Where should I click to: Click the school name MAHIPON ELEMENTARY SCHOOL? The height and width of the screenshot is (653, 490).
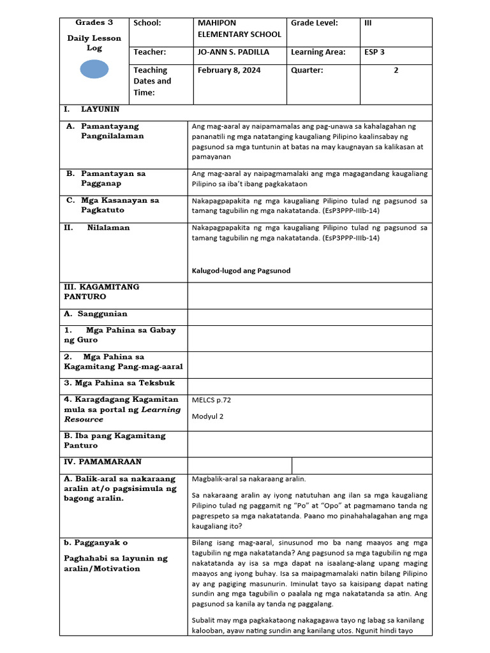click(x=239, y=29)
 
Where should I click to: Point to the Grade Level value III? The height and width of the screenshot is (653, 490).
click(x=367, y=23)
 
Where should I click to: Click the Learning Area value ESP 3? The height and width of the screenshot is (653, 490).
click(x=374, y=52)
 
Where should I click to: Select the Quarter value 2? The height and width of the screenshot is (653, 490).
click(x=396, y=70)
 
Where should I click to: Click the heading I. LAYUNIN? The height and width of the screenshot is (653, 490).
click(x=91, y=110)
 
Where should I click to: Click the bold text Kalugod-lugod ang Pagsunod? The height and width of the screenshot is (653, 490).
click(x=241, y=270)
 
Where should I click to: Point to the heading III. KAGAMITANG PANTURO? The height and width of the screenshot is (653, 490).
click(x=101, y=291)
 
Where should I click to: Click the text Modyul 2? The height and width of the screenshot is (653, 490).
click(x=208, y=416)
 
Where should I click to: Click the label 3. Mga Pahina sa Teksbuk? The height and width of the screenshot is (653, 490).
click(x=119, y=383)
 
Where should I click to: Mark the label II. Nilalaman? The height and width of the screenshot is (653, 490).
click(x=97, y=228)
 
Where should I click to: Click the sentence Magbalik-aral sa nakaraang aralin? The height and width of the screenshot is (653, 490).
click(x=249, y=478)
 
